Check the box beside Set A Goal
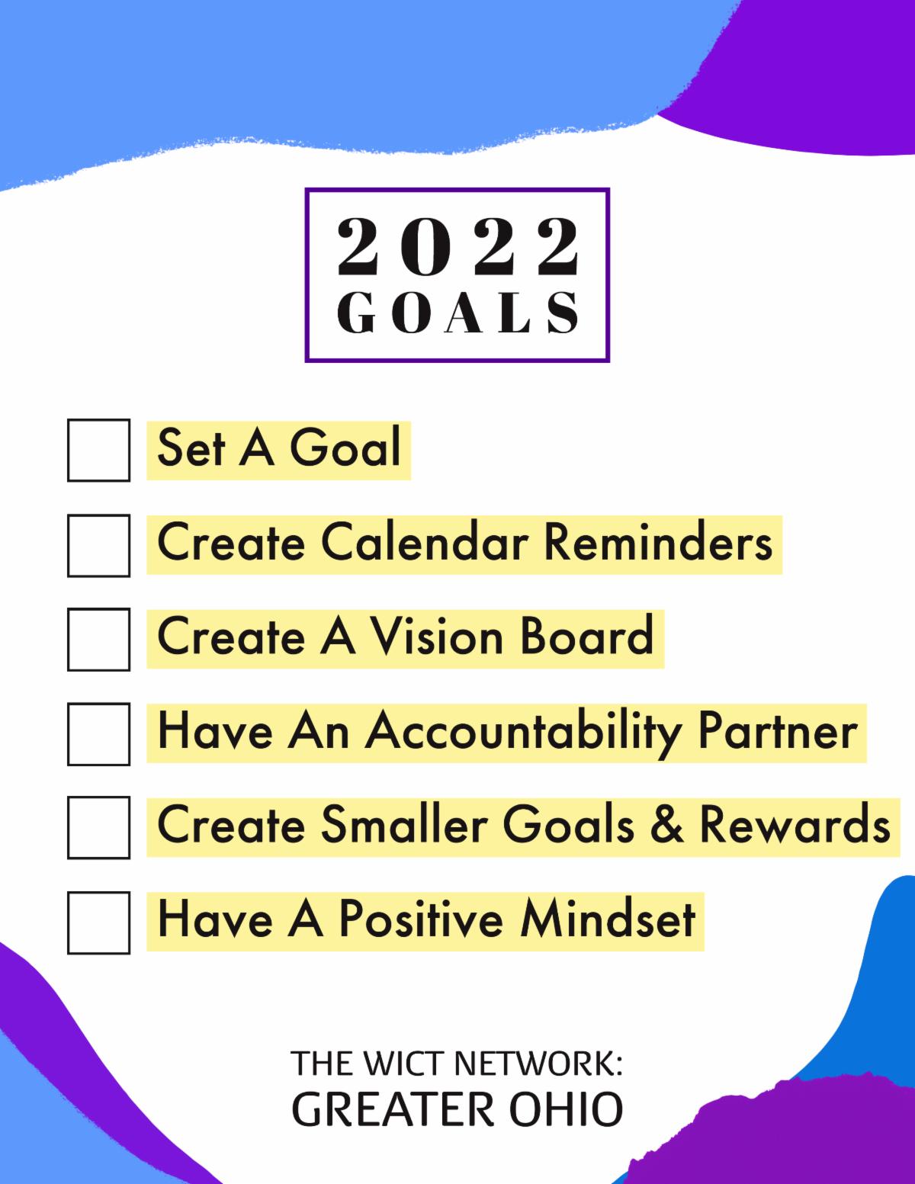coord(98,450)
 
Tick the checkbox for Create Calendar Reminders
coord(98,544)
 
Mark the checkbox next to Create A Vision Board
coord(98,639)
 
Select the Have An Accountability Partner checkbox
coord(98,733)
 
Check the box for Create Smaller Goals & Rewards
coord(98,827)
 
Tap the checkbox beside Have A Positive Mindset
coord(98,922)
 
